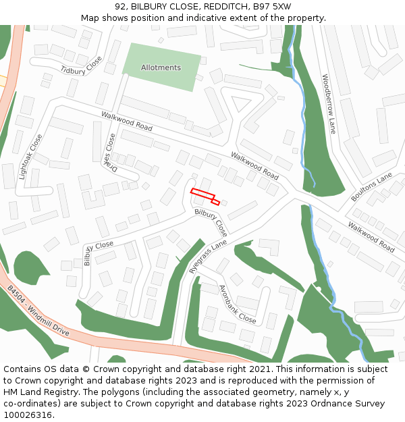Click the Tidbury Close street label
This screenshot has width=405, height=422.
tap(82, 65)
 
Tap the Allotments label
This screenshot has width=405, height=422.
tap(161, 68)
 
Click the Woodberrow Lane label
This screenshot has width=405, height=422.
tap(329, 103)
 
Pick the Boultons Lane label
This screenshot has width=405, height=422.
tap(371, 187)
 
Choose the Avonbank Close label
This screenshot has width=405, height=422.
tap(238, 305)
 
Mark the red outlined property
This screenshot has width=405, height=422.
tap(204, 195)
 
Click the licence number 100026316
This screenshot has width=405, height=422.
tap(28, 415)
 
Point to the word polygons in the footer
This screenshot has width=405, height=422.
tap(132, 392)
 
